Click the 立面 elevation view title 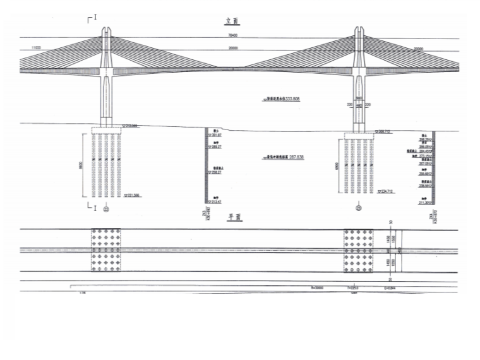click(232, 20)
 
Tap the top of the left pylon click(107, 30)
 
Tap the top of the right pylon click(359, 30)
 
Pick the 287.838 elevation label click(284, 156)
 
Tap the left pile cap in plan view click(106, 250)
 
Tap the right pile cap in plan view click(358, 251)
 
